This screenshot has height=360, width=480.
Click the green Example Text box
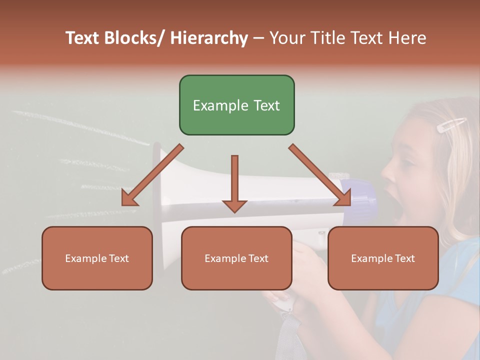236,105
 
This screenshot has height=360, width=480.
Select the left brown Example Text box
97,258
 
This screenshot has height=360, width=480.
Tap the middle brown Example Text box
236,258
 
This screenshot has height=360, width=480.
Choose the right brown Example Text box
383,258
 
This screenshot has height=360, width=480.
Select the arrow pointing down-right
320,175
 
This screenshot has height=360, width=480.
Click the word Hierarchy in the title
209,38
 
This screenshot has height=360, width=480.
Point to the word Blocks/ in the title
135,38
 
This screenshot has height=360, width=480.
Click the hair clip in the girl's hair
451,124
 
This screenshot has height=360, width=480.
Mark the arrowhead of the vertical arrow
234,205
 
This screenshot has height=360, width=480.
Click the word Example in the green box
216,105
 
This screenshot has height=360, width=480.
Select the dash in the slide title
258,38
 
